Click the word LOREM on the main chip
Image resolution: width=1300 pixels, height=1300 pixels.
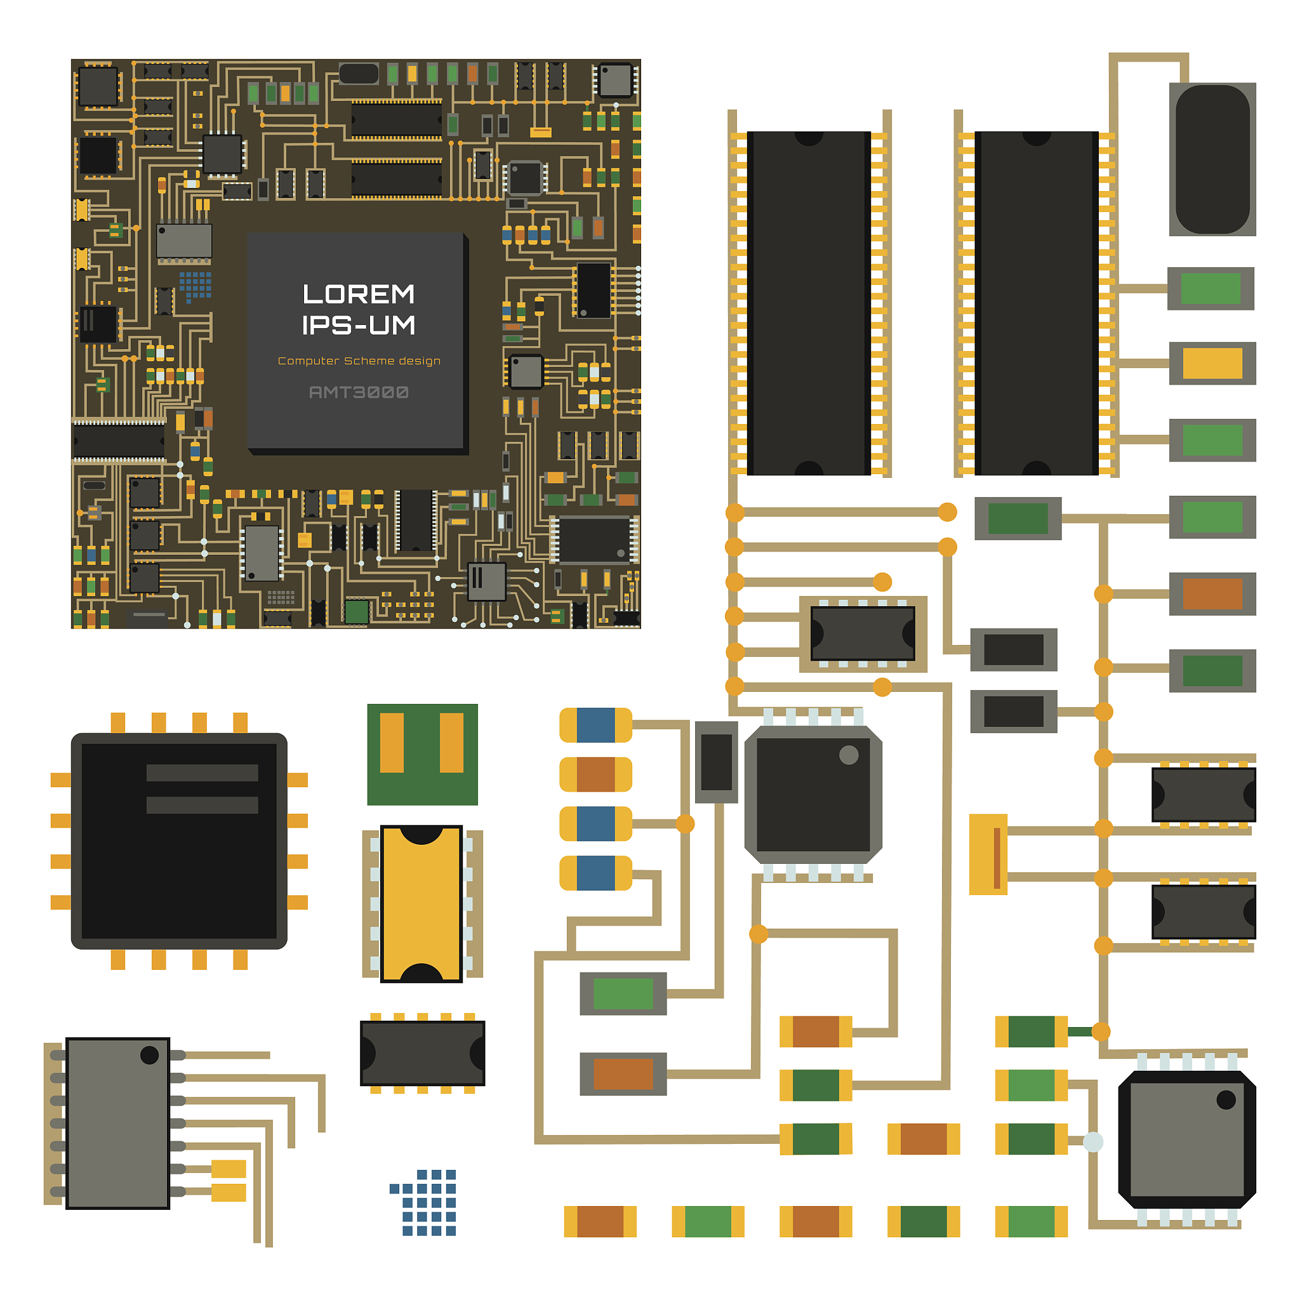[x=358, y=294]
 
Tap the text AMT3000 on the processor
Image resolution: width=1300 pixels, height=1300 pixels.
[x=358, y=392]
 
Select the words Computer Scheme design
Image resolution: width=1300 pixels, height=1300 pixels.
[x=359, y=361]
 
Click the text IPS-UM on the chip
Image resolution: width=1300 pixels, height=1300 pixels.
[x=358, y=326]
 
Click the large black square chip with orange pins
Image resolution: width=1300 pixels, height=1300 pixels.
[x=179, y=841]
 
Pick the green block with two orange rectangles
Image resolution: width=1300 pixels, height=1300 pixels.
[x=422, y=754]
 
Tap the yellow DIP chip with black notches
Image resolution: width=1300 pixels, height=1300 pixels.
[x=421, y=904]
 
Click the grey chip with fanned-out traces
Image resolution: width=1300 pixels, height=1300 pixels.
[x=118, y=1123]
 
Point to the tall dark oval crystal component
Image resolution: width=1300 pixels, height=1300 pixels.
[x=1212, y=159]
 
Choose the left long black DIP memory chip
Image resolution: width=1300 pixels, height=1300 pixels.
[x=808, y=303]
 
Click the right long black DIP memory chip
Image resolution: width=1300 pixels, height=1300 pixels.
[x=1035, y=303]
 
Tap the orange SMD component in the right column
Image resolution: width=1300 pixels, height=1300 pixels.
[x=1212, y=594]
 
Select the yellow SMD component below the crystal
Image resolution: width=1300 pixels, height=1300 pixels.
[x=1212, y=363]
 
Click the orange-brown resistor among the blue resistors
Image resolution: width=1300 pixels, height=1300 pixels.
[x=595, y=774]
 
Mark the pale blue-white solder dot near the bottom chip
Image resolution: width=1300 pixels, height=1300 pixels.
[x=1093, y=1142]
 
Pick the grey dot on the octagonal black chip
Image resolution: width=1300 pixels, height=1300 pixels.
[x=849, y=755]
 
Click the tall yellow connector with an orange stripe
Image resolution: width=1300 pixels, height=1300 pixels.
[x=988, y=854]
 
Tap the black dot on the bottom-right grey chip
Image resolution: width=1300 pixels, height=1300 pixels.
[x=1225, y=1100]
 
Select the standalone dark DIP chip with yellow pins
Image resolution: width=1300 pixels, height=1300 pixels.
[x=422, y=1053]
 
